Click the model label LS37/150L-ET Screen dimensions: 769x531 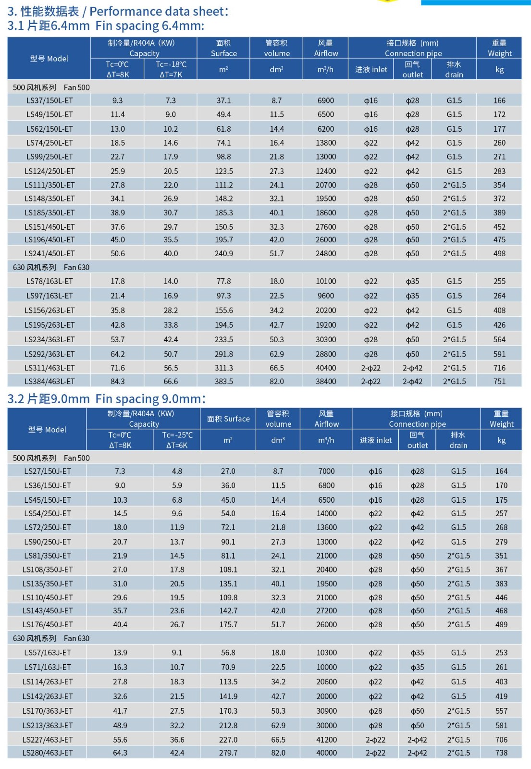49,100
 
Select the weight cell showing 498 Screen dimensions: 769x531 499,253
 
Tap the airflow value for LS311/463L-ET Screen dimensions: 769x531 325,368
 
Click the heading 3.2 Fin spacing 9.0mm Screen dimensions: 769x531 106,399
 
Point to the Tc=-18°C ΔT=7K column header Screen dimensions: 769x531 171,69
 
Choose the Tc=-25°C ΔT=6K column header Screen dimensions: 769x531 177,440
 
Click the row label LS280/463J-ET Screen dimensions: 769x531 48,753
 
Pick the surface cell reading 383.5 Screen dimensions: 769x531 224,381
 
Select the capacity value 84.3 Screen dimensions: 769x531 118,381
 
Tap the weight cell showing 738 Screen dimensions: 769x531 501,753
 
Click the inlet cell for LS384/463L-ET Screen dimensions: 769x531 370,381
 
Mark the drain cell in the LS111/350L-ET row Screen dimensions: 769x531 454,185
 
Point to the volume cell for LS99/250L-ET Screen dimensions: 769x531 276,157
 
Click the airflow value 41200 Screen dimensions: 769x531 326,740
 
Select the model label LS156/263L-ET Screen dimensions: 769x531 49,310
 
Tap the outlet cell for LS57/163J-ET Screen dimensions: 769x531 417,653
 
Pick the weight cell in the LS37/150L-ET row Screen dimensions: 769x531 499,100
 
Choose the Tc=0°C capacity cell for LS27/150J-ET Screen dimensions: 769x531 120,471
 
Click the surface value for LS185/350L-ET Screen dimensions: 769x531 224,212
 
